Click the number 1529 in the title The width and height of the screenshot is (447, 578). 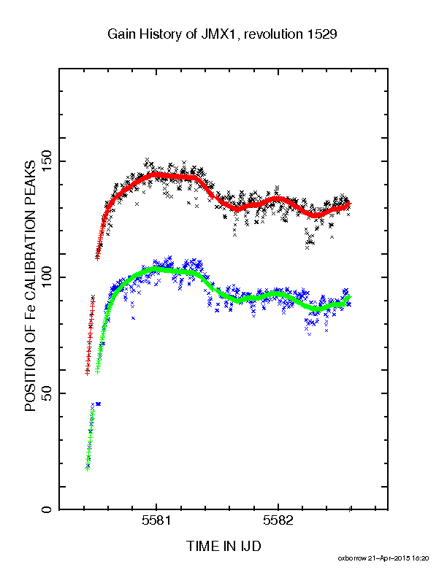click(x=320, y=34)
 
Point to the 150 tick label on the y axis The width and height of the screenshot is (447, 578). click(x=47, y=161)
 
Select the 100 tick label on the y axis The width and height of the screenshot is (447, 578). click(x=47, y=277)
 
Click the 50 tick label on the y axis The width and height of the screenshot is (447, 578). click(x=47, y=393)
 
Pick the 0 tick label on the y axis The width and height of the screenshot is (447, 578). click(x=47, y=509)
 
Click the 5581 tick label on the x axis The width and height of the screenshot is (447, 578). click(x=156, y=520)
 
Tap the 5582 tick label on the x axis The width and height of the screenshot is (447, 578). click(x=278, y=520)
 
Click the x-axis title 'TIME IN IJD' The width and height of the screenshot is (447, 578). click(x=223, y=546)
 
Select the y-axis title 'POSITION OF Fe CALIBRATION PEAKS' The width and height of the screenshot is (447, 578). click(x=30, y=286)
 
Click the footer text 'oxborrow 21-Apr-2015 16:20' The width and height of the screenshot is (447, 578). click(x=383, y=558)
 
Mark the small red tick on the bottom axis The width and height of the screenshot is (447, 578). click(x=350, y=510)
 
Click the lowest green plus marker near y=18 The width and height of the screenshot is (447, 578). click(x=88, y=469)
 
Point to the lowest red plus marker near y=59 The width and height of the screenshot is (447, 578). click(x=88, y=373)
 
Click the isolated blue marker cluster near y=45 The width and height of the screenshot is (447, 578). click(x=98, y=404)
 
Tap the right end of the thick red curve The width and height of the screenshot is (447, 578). click(x=350, y=204)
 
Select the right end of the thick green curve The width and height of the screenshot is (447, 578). click(x=350, y=297)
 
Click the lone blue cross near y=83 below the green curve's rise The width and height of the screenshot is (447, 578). click(x=133, y=318)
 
